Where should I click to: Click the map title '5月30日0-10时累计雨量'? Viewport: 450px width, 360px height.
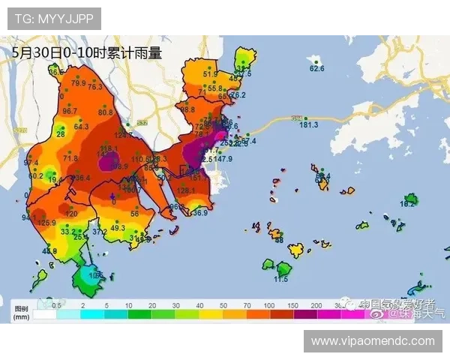tap(87, 53)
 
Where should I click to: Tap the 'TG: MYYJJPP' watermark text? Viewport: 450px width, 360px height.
tap(53, 17)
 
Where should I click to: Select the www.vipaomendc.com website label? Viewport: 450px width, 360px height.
tap(373, 341)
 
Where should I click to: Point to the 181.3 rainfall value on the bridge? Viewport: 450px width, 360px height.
tap(309, 124)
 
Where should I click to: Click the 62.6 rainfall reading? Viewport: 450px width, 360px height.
tap(317, 69)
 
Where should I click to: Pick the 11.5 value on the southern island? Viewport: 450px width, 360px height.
tap(280, 279)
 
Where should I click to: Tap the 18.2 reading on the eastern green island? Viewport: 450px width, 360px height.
tap(407, 204)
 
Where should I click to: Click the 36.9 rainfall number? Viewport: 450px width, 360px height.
tap(199, 214)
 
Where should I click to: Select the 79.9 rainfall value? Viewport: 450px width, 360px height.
tap(79, 83)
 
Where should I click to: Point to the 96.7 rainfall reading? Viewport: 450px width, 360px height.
tap(70, 111)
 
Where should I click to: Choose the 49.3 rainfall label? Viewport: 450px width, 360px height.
tap(118, 227)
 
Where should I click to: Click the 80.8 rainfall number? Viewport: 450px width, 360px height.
tap(105, 112)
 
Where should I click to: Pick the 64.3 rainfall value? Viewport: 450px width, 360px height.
tap(81, 127)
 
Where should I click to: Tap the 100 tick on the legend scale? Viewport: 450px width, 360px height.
tap(268, 307)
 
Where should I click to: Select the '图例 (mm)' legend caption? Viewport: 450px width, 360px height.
tap(20, 313)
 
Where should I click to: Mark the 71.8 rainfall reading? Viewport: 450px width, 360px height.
tap(70, 159)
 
